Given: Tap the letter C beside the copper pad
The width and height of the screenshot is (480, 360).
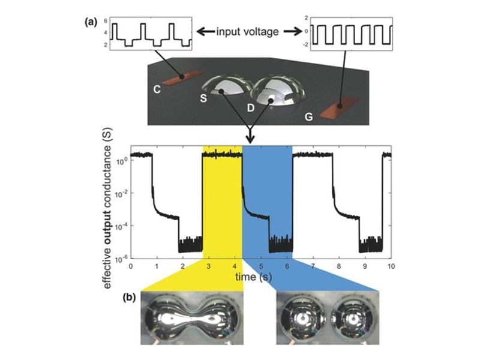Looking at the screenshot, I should [x=157, y=89].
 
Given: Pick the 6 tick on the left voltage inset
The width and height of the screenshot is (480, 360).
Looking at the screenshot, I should [x=106, y=21].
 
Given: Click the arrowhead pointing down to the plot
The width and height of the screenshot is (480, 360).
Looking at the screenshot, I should [x=251, y=139].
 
